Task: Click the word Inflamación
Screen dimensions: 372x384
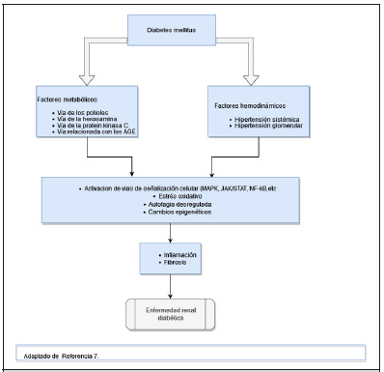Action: tap(174, 255)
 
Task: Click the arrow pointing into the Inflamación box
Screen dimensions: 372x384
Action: tap(172, 238)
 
